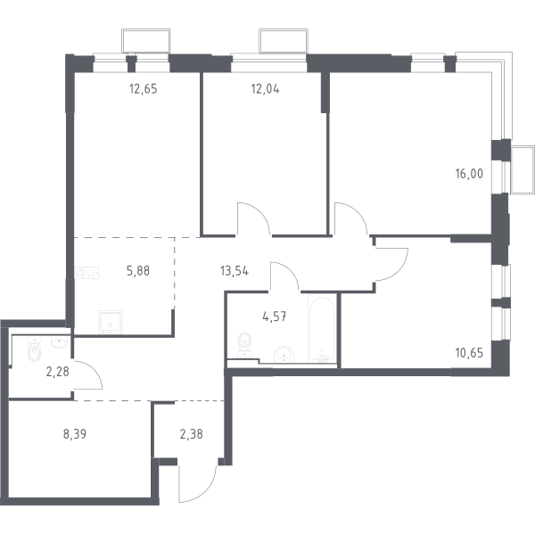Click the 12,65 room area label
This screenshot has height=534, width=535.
click(144, 89)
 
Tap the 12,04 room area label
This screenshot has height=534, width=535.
click(265, 89)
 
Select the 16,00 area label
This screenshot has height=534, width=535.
click(469, 174)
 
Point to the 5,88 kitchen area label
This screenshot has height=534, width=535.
click(138, 271)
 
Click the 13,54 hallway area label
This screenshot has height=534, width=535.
click(235, 271)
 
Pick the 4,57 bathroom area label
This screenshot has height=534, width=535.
click(275, 316)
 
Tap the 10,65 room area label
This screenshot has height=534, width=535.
click(469, 353)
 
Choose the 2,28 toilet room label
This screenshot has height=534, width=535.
click(58, 372)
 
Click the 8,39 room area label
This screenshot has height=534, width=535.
click(75, 434)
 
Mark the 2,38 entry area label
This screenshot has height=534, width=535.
click(191, 434)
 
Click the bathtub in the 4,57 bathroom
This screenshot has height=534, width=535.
click(322, 329)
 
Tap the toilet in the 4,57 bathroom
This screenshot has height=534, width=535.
click(244, 345)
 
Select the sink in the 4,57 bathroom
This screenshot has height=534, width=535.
click(284, 354)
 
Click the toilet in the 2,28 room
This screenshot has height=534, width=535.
click(34, 349)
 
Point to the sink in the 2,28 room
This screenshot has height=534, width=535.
click(60, 341)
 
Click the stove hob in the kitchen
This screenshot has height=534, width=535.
click(86, 273)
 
